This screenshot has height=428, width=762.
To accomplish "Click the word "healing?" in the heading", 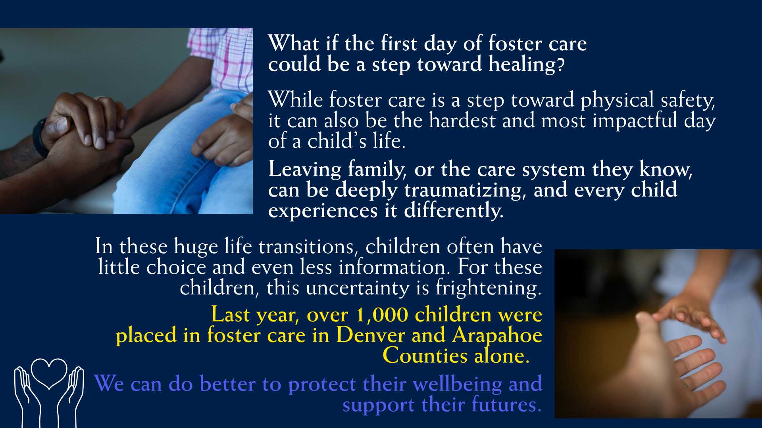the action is [x=527, y=64].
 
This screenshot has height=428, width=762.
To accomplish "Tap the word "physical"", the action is [x=617, y=100].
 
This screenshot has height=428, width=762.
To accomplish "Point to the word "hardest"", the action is [x=462, y=120].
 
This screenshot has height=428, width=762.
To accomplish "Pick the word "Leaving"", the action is [x=305, y=170].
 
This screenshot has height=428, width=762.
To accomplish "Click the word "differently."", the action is [x=454, y=211].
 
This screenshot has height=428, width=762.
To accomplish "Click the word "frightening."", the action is [x=489, y=288].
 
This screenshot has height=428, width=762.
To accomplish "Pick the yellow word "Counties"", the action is [x=425, y=355].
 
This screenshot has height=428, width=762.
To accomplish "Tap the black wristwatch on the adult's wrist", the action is [x=39, y=138].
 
